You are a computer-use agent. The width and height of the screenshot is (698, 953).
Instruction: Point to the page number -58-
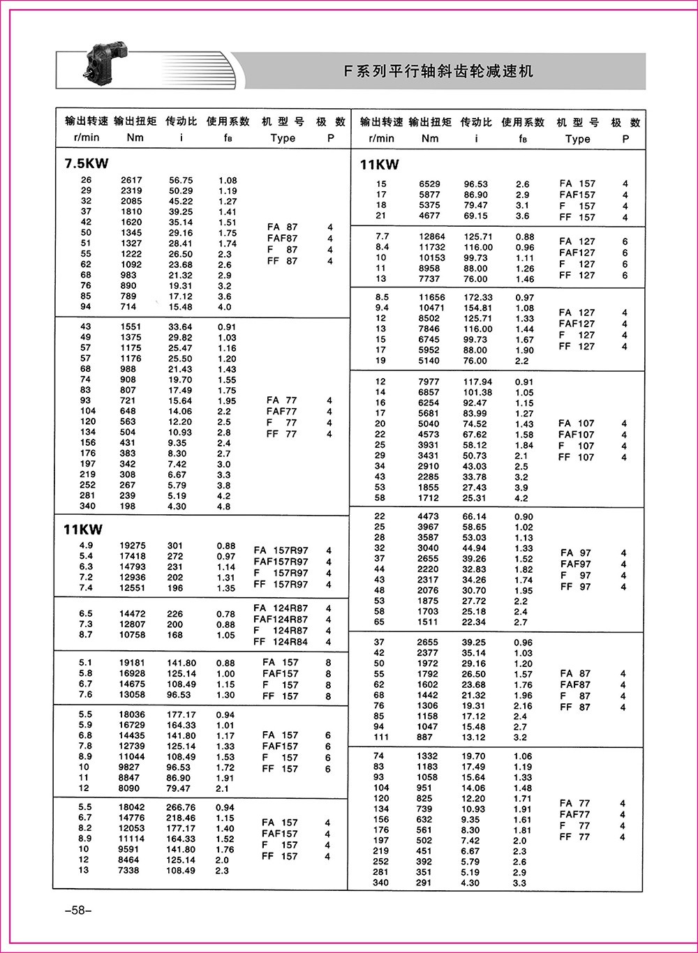(73, 910)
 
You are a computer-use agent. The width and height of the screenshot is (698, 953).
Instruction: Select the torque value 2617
(131, 180)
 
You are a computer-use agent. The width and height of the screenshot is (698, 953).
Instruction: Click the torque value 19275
(131, 546)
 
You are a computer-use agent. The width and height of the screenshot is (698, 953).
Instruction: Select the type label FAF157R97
(281, 562)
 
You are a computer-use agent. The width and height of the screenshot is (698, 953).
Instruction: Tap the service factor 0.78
(226, 614)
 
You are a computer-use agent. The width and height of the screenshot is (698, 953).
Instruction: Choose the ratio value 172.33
(477, 297)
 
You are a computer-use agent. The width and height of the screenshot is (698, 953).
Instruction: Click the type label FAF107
(577, 435)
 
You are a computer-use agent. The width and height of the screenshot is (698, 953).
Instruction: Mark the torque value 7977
(429, 382)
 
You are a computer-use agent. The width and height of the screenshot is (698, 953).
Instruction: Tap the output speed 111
(380, 737)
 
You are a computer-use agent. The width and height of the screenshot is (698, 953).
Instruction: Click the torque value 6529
(429, 184)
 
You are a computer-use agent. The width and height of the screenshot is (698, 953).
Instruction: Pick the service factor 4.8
(223, 506)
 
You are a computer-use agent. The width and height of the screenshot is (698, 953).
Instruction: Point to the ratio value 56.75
(181, 180)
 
